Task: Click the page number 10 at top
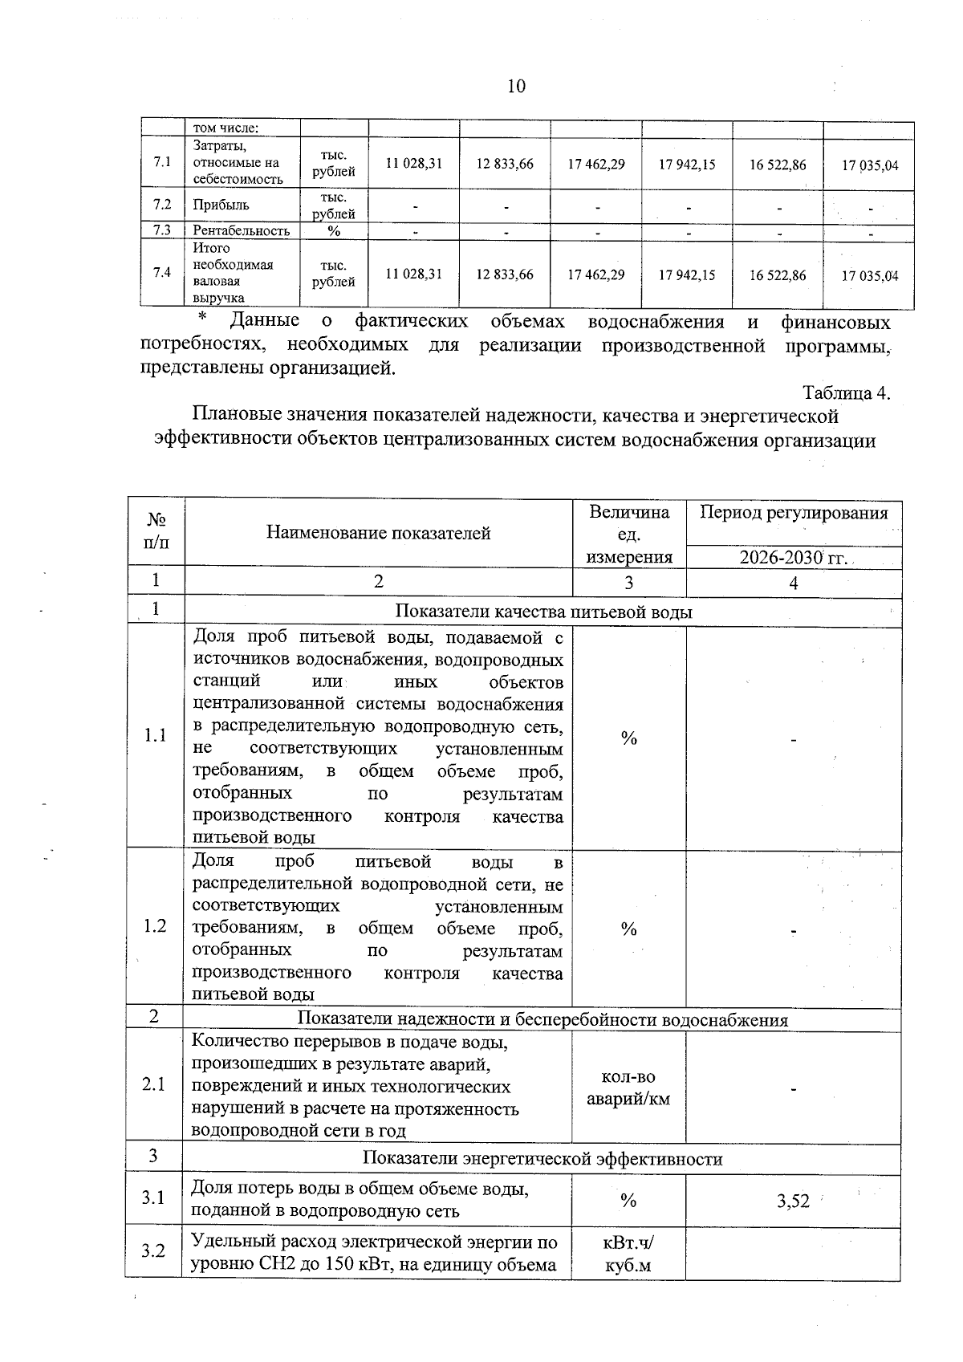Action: pos(516,87)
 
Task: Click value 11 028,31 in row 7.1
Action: pos(413,164)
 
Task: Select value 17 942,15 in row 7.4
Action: pos(687,275)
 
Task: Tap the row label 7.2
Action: pos(162,205)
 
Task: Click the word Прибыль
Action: pos(221,205)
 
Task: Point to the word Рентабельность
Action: pos(241,231)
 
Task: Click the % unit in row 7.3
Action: pos(334,231)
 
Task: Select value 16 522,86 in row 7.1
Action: pos(778,165)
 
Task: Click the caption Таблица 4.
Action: pos(846,393)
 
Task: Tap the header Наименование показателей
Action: pos(378,533)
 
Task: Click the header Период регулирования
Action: pos(794,514)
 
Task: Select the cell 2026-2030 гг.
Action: pos(794,558)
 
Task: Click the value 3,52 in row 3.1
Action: pos(793,1201)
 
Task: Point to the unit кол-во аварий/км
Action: pos(628,1088)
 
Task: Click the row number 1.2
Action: pos(155,926)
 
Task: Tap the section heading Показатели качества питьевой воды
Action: pos(544,612)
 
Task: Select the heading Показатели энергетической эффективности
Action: pos(542,1159)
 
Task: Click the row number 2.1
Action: pos(154,1085)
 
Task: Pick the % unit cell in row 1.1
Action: pos(629,738)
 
